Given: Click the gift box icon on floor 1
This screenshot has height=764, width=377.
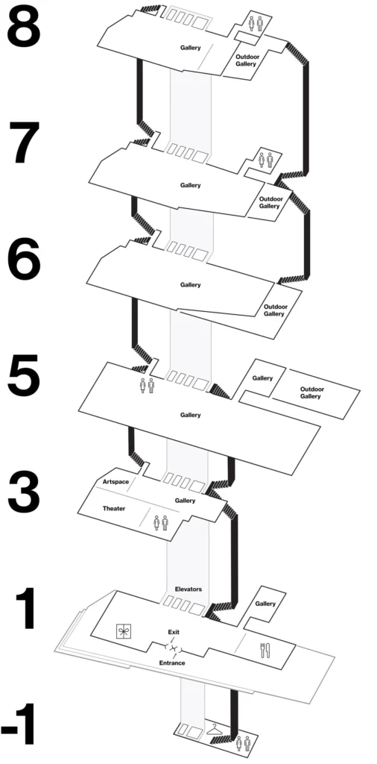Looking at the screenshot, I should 123,633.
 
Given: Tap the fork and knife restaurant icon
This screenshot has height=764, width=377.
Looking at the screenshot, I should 264,649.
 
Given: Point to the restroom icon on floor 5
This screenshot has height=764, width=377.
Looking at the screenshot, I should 146,386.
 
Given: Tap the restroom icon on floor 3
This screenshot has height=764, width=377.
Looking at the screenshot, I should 160,522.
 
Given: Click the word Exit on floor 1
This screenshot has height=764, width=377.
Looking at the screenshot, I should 174,632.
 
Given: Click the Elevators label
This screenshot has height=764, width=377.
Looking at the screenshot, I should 188,589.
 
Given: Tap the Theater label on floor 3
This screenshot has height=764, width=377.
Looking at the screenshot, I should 113,508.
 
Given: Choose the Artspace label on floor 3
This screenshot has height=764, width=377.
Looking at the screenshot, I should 116,482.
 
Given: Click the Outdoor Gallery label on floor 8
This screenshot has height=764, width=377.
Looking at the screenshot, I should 246,60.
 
